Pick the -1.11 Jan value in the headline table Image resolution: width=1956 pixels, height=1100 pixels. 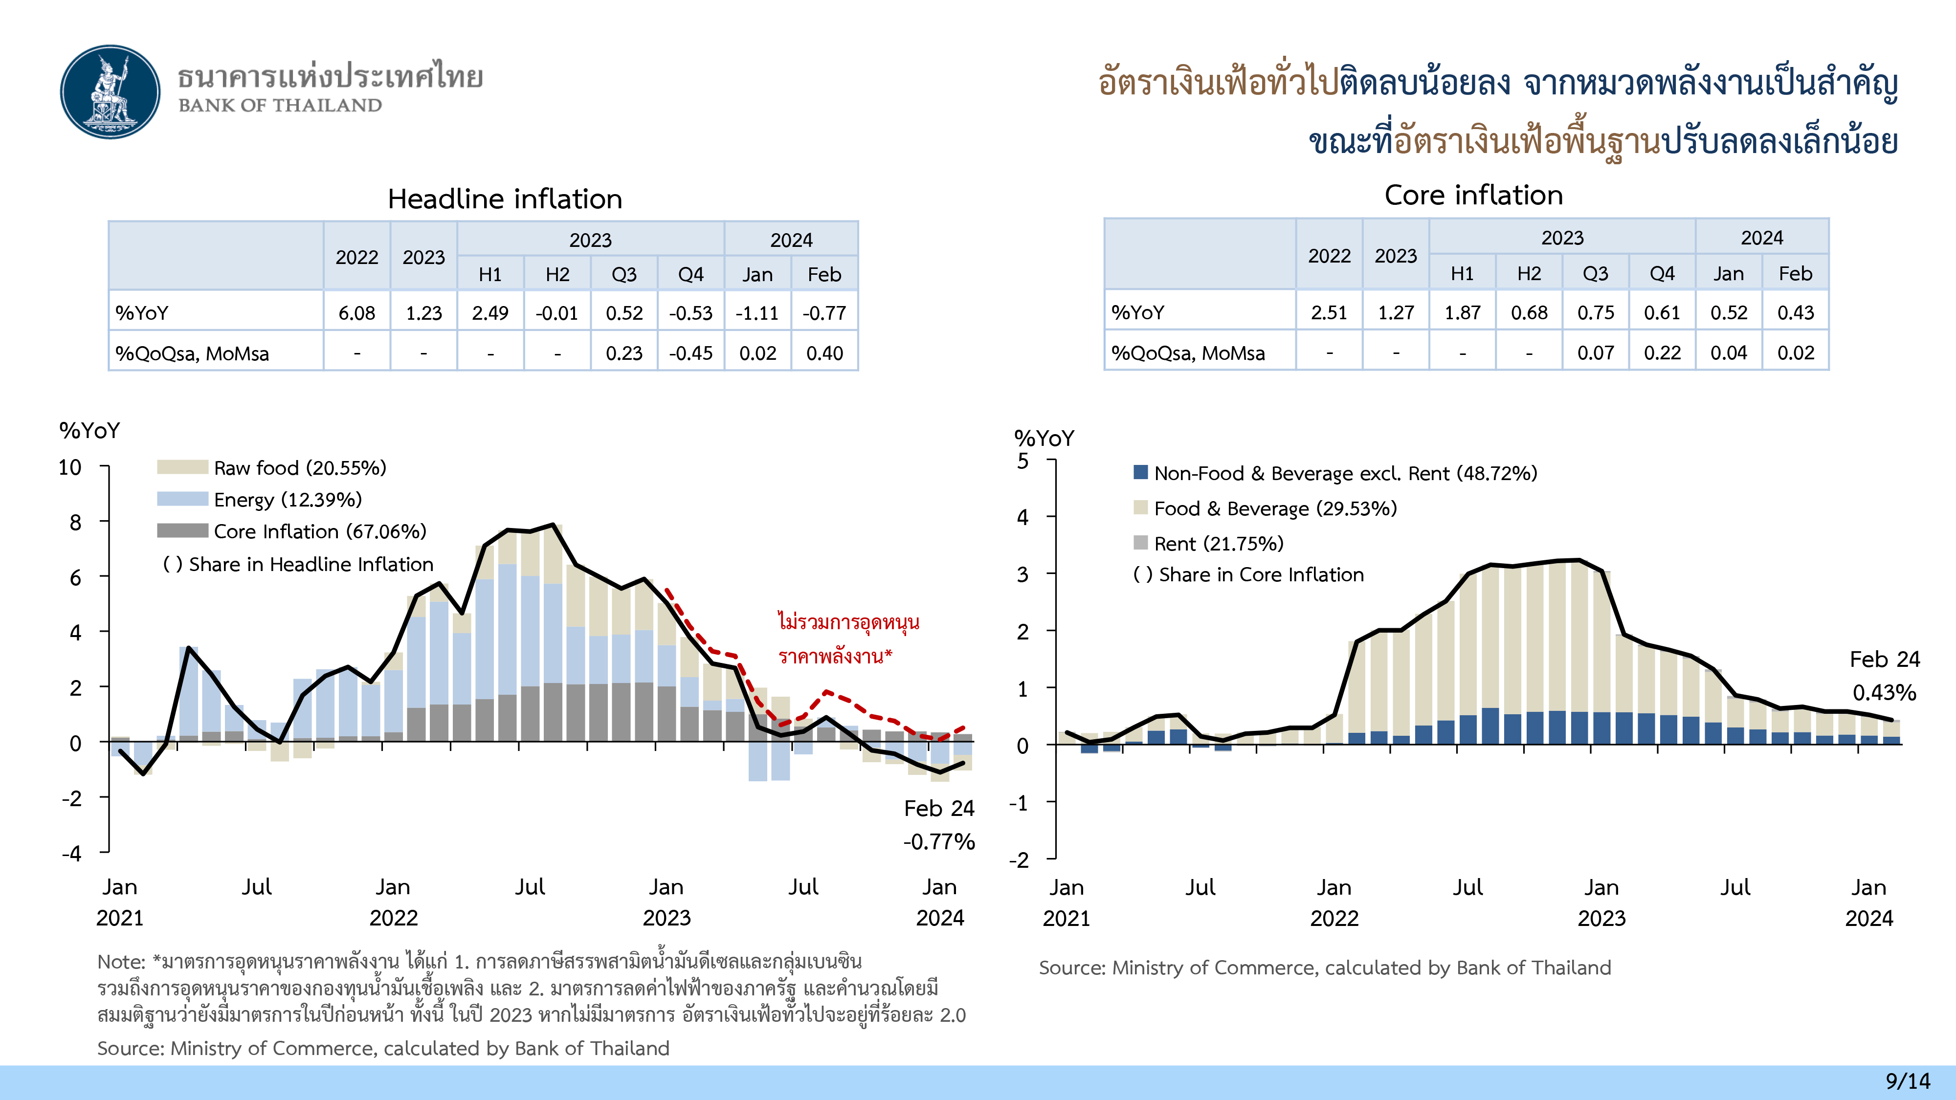757,313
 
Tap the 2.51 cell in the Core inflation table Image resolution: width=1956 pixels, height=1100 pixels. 1329,312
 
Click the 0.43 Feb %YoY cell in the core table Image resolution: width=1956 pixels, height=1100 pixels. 1795,312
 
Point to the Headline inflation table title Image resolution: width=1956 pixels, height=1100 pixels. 505,199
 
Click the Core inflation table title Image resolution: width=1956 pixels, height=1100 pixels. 1473,195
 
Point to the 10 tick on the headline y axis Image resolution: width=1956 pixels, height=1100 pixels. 70,468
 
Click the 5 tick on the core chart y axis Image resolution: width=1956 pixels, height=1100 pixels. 1023,461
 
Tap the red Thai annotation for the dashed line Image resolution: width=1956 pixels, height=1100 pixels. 847,638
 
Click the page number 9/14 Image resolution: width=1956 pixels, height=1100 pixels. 1908,1081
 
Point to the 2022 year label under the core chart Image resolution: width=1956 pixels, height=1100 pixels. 1334,919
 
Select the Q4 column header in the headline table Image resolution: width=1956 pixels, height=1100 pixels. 690,274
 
